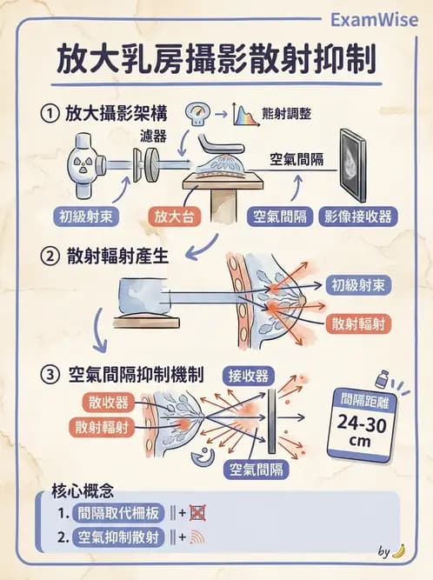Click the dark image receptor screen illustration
(359, 166)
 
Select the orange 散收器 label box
(109, 402)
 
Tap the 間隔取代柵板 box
(119, 513)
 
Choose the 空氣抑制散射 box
(119, 537)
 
